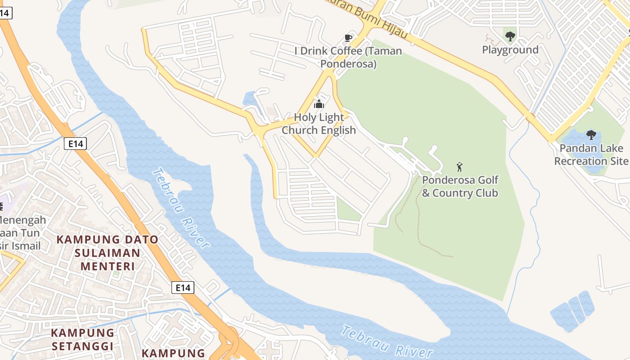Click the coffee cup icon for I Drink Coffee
click(348, 37)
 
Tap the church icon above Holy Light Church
click(319, 104)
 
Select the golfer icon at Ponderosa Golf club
click(459, 167)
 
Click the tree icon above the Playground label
click(510, 36)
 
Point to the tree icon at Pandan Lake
click(591, 135)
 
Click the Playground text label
click(510, 49)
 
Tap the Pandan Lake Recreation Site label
click(591, 154)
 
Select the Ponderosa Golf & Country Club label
click(460, 187)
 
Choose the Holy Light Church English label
click(319, 124)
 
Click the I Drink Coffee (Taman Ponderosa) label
click(348, 57)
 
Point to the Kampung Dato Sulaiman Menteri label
click(107, 252)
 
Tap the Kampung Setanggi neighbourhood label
click(82, 339)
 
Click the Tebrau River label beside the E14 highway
click(181, 207)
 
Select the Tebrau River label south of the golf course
click(387, 343)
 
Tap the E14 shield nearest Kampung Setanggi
click(183, 288)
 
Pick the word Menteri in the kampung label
click(108, 266)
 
